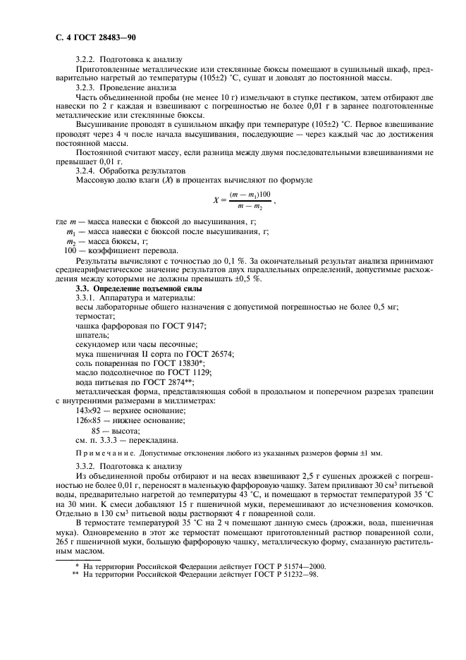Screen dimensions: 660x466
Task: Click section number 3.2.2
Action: coord(87,60)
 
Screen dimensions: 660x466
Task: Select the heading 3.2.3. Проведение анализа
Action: coord(126,87)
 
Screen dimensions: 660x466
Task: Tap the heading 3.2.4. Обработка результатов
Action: coord(130,171)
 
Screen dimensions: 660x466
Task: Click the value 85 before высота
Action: coord(96,430)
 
